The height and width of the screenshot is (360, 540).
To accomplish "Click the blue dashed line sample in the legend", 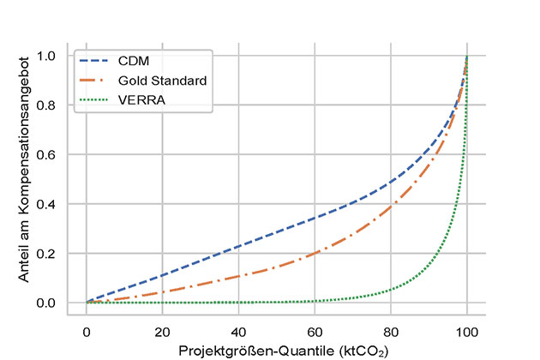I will [97, 60].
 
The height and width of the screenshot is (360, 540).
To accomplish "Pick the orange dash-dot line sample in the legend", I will [97, 80].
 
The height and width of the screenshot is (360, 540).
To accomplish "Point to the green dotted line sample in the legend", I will [97, 99].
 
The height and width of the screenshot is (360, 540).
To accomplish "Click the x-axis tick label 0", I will [87, 331].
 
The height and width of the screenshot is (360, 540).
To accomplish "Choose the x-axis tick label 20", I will [163, 331].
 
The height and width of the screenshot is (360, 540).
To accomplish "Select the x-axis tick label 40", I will [239, 331].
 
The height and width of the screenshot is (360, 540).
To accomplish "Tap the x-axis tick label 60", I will [315, 331].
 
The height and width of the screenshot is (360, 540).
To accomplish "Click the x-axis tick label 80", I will [391, 331].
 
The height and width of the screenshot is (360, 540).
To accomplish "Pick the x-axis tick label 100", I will [467, 331].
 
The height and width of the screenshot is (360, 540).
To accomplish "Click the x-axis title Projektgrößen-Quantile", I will [276, 350].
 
